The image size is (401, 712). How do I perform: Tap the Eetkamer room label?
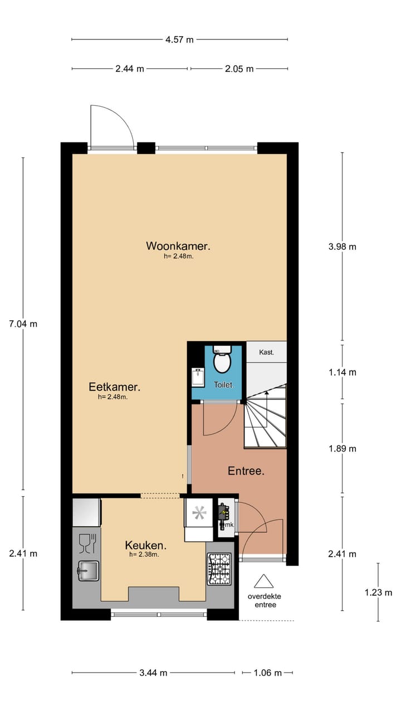(x=114, y=387)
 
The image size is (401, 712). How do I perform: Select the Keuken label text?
(x=145, y=545)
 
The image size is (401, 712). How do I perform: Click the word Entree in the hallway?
(x=246, y=471)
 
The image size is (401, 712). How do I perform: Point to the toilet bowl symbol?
(x=222, y=363)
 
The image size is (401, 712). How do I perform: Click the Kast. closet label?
(x=266, y=352)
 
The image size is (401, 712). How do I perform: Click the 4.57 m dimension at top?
(x=179, y=39)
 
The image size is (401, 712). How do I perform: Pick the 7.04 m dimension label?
(x=23, y=324)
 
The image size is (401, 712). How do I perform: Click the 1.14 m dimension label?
(x=342, y=372)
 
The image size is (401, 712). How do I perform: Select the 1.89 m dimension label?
(x=342, y=448)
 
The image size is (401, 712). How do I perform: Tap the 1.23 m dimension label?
(x=378, y=592)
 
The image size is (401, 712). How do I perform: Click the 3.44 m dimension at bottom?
(x=153, y=673)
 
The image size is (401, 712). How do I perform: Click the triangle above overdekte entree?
(x=264, y=582)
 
